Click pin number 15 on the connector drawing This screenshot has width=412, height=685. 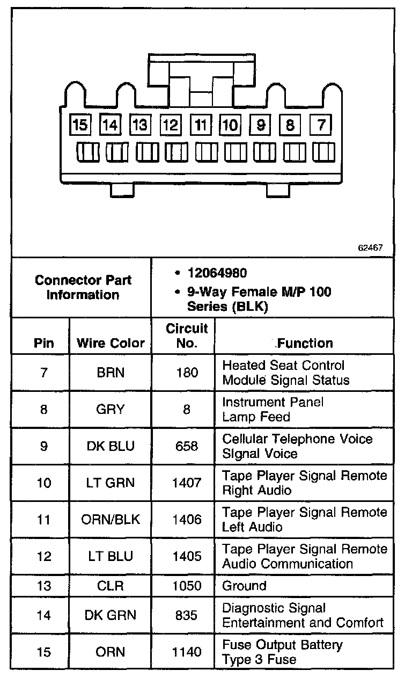(x=80, y=125)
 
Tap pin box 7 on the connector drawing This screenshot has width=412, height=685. (x=321, y=125)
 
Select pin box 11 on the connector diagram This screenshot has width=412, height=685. (x=201, y=125)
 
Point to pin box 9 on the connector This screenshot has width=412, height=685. (x=261, y=125)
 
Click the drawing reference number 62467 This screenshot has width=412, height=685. (x=370, y=249)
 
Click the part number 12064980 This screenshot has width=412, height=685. (x=217, y=273)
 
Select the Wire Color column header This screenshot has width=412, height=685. (x=111, y=343)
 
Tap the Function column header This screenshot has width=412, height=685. (x=305, y=342)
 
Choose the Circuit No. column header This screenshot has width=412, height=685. (x=187, y=336)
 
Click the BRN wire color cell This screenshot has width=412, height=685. (x=111, y=373)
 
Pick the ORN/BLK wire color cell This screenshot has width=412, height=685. (x=111, y=520)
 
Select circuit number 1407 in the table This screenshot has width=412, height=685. (x=187, y=483)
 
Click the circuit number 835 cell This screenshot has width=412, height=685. (x=187, y=615)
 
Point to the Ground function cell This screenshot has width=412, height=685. (x=244, y=586)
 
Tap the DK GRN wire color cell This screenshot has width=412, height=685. (x=111, y=615)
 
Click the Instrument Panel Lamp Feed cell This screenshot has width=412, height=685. (x=273, y=410)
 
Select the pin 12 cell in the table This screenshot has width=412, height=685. (x=44, y=556)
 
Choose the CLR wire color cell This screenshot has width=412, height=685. (x=111, y=586)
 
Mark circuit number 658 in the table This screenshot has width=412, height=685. (x=187, y=446)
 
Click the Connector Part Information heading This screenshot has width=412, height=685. (x=83, y=287)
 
